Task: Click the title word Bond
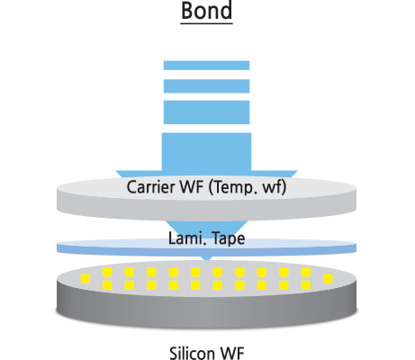pos(207,11)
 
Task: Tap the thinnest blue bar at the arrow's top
pos(206,66)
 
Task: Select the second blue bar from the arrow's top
pos(206,86)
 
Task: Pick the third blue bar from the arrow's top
pos(206,112)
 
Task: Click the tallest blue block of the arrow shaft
pos(206,153)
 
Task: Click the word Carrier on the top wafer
pos(151,187)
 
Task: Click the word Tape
pos(229,239)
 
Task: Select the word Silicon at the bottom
pos(193,353)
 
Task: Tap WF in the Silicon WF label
pos(232,353)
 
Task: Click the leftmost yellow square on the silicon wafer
pos(86,279)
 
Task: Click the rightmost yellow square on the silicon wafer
pos(328,279)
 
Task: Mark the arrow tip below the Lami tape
pos(207,260)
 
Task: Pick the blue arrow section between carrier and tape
pos(206,228)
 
